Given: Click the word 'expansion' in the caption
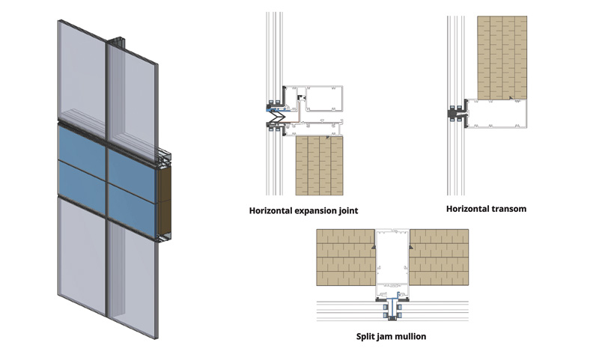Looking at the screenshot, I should click(315, 211).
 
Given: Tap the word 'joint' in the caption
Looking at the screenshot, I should click(346, 211).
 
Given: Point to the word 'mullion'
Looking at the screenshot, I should click(410, 337).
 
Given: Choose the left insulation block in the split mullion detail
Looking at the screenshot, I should click(344, 258).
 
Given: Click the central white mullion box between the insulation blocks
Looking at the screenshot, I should click(393, 258).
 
